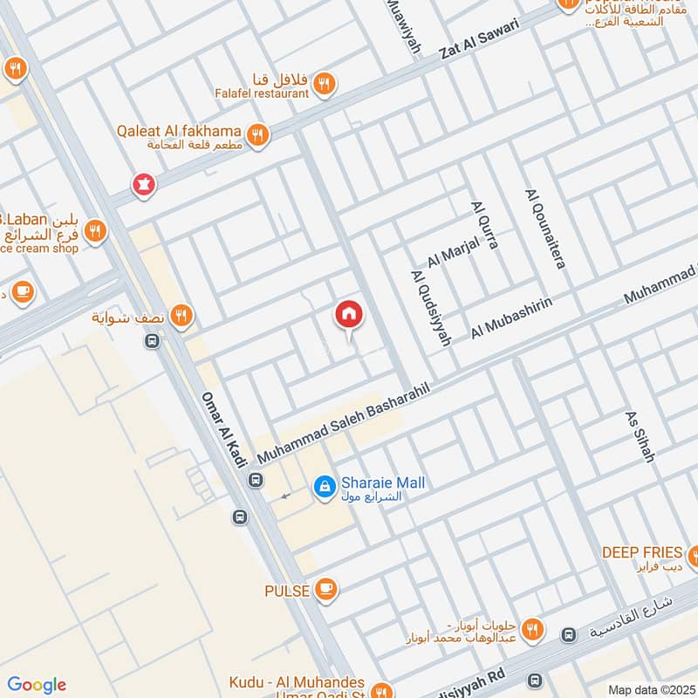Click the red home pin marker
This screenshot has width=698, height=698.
348,315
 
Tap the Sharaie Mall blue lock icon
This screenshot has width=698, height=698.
324,486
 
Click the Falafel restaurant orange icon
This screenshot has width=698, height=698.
325,84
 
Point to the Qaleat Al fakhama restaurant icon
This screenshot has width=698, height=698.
257,134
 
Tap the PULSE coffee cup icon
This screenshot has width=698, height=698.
326,590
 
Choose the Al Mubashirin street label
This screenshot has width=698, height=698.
512,317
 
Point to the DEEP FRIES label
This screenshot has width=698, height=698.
641,552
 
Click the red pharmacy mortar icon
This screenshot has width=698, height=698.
141,184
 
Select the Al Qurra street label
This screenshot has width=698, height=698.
484,225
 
